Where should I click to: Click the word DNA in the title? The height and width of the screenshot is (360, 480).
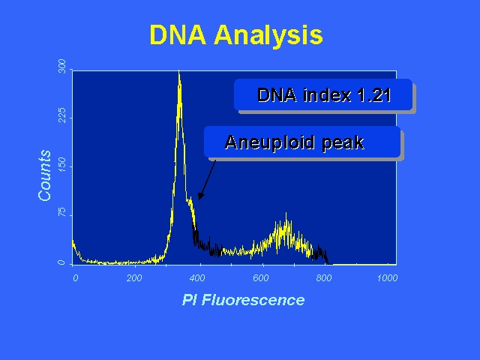(x=178, y=34)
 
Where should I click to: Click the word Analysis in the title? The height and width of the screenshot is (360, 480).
(x=268, y=35)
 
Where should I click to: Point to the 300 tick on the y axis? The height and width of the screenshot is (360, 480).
(x=61, y=66)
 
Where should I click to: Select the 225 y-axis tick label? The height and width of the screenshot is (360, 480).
(x=61, y=115)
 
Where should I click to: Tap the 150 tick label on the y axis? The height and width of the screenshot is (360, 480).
(x=61, y=164)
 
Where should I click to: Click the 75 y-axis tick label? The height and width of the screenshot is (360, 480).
(x=61, y=211)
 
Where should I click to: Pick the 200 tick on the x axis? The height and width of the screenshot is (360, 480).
(x=134, y=278)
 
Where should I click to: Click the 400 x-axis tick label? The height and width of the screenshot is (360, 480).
(x=197, y=278)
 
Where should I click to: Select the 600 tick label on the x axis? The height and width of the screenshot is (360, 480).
(x=261, y=278)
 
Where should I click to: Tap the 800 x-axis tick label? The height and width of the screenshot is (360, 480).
(x=324, y=278)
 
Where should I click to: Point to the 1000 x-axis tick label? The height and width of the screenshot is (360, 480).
(x=387, y=278)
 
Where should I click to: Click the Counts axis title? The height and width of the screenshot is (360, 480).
(x=45, y=175)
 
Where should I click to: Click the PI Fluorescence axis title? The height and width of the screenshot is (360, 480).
(x=243, y=300)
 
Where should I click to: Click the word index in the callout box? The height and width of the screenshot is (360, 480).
(x=327, y=95)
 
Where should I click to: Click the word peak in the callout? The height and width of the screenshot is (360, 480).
(x=343, y=144)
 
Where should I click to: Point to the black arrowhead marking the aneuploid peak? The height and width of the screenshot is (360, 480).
(x=201, y=196)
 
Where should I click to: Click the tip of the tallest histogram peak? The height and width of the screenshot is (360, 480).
(x=179, y=70)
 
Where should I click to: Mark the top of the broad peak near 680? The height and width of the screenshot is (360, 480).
(x=286, y=213)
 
